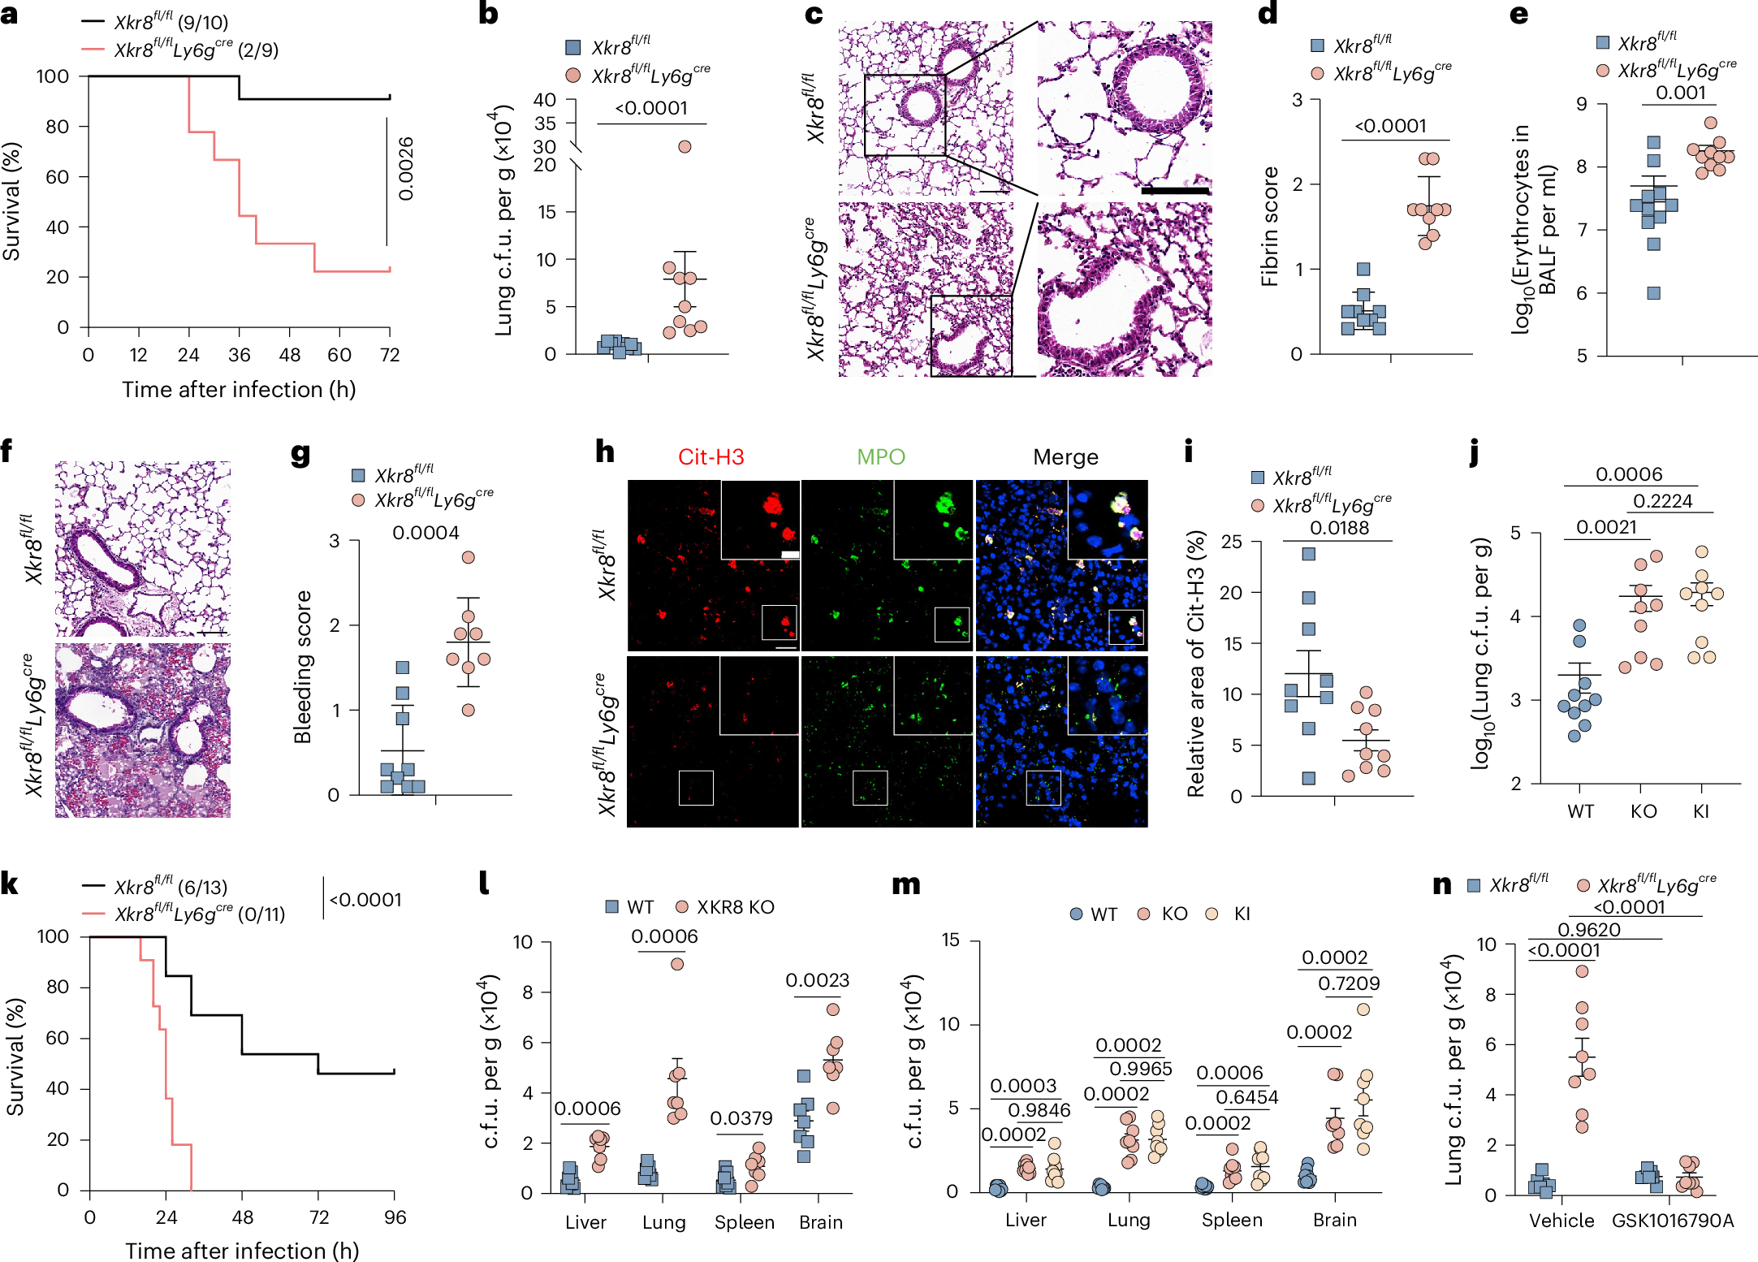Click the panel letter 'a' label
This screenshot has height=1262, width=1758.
point(10,14)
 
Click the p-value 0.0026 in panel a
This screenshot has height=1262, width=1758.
point(406,169)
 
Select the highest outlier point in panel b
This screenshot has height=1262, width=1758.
point(685,147)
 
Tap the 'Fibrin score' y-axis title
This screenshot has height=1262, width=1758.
point(1269,227)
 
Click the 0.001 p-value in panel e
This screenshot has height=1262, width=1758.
point(1680,93)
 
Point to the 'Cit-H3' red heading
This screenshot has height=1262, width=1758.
point(711,457)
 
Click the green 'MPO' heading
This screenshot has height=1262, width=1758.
point(880,457)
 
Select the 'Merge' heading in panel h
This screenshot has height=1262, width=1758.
point(1065,457)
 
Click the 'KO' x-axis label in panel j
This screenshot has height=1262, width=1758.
point(1643,811)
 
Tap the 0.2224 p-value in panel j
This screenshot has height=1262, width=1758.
point(1662,501)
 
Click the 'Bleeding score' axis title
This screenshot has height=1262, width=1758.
point(303,667)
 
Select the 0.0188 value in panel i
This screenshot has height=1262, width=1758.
point(1339,528)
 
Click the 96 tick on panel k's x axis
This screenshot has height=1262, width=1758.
point(395,1217)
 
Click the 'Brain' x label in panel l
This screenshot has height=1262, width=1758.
point(820,1222)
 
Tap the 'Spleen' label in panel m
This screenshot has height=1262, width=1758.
point(1232,1220)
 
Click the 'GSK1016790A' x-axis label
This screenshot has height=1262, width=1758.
point(1672,1221)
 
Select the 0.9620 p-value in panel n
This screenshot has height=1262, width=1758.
point(1588,930)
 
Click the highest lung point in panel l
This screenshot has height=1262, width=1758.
point(677,964)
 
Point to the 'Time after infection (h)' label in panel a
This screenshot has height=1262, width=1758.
point(239,390)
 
